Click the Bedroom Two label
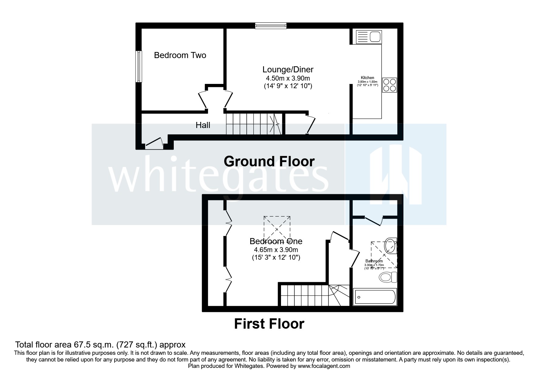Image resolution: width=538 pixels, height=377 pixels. (180, 55)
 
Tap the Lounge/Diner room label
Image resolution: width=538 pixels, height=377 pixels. (288, 70)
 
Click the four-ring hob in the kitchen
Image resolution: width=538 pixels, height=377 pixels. (389, 85)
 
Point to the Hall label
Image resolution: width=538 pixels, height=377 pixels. (203, 125)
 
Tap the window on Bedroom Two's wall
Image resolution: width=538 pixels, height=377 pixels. (139, 66)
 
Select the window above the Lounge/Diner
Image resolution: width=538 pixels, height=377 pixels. (271, 26)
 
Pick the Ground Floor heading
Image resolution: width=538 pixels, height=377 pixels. (269, 161)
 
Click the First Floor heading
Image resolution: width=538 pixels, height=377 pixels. (269, 324)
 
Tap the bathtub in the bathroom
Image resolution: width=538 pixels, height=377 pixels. (375, 297)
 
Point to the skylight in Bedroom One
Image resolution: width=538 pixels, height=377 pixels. (277, 228)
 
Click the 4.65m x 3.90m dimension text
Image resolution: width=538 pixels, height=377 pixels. (276, 250)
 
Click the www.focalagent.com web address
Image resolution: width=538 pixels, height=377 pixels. (324, 366)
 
